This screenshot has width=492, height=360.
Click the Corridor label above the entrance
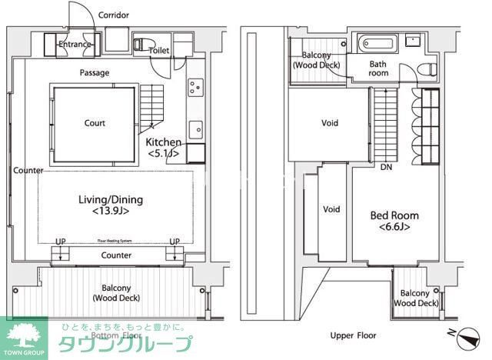click(114, 15)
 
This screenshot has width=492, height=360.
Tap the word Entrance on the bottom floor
click(75, 45)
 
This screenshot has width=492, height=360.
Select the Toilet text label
click(159, 51)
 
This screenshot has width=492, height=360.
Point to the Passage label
click(94, 73)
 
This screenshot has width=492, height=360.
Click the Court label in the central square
click(95, 123)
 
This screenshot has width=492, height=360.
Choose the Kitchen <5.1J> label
click(164, 148)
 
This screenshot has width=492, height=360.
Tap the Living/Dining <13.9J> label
click(111, 205)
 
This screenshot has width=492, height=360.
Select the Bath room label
click(378, 68)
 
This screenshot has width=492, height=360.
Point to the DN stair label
click(386, 168)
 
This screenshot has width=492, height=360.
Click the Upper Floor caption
click(353, 336)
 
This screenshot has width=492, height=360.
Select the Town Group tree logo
click(24, 335)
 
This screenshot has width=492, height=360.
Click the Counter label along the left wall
click(28, 171)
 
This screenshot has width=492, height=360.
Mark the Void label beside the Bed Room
click(331, 209)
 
